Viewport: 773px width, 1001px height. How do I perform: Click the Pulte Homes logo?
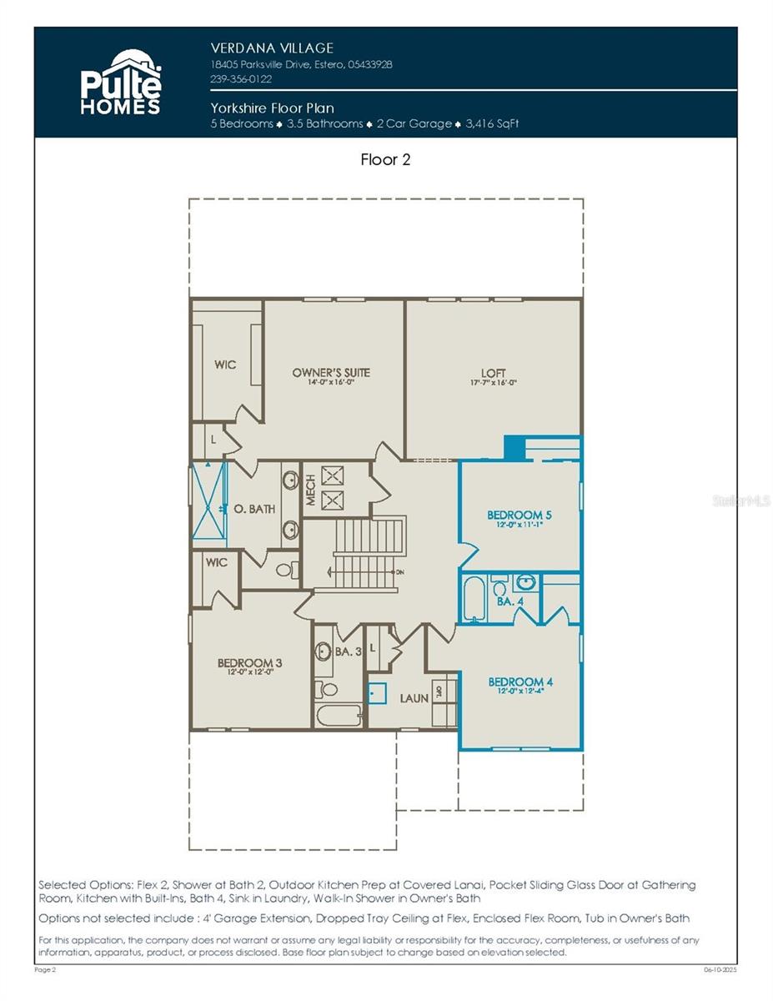120,82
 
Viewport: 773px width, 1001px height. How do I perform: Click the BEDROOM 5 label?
520,516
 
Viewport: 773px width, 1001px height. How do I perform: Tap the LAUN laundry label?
414,697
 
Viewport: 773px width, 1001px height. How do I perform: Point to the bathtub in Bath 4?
474,598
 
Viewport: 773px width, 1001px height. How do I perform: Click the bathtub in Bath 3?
338,717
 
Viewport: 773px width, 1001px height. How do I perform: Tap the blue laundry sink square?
378,692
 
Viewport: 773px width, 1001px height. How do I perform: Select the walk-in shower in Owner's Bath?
208,500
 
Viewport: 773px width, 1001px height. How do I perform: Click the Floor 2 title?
385,159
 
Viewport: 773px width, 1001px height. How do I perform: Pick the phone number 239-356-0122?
241,79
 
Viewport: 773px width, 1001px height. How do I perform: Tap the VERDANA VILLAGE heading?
272,48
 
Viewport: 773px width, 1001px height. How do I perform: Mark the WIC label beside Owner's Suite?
225,365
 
